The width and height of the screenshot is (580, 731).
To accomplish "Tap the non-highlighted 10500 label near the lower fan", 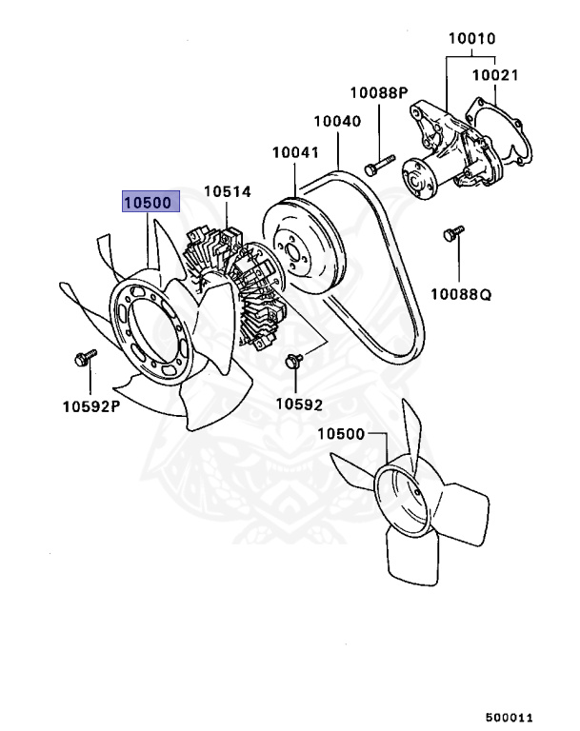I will (x=341, y=435).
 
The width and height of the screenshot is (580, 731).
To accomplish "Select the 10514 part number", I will (x=225, y=192).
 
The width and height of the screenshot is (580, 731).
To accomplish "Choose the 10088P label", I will (x=378, y=92).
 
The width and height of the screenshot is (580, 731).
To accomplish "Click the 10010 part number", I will (x=472, y=39).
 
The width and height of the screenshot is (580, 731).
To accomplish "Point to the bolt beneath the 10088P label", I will (x=376, y=165).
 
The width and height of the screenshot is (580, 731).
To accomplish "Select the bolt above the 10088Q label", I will (x=453, y=231).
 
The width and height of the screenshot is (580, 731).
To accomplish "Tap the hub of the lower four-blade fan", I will (x=401, y=500).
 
